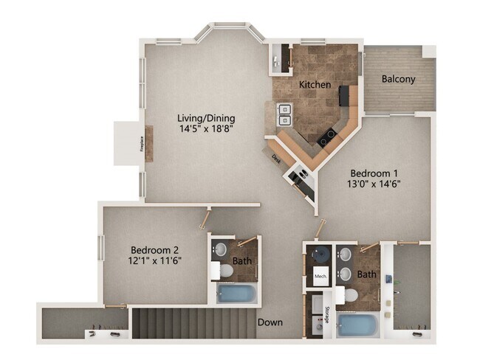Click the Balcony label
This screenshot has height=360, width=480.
tap(398, 79)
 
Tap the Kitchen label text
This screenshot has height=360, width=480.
tap(315, 85)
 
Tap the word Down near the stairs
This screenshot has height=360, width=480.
tap(270, 322)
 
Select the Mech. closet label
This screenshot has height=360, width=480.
tap(320, 277)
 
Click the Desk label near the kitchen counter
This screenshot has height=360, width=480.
tap(275, 157)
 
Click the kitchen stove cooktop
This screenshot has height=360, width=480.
tap(326, 136)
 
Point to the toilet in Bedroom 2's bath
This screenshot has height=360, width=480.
tap(224, 271)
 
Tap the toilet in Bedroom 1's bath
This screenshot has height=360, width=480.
tap(348, 296)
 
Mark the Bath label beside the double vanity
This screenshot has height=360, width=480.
tap(366, 274)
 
